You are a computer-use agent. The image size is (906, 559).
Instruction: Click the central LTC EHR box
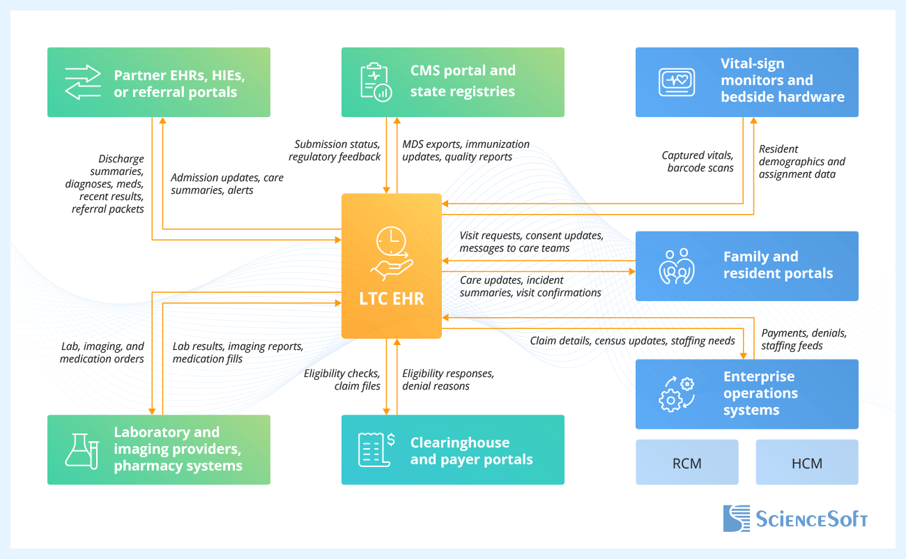pos(391,266)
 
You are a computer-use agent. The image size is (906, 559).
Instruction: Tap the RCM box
pos(686,462)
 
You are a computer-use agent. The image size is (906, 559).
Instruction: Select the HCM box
pos(807,462)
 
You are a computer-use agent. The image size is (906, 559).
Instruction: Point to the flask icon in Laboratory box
pos(82,450)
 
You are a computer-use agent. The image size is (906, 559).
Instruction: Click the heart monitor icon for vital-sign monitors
pos(676,82)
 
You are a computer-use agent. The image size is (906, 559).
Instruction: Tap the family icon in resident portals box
pos(677,266)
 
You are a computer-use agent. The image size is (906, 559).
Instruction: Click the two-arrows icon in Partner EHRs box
pos(82,82)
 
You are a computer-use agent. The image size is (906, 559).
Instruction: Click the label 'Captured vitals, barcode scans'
pos(697,162)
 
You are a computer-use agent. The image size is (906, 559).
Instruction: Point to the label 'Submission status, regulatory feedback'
pos(335,151)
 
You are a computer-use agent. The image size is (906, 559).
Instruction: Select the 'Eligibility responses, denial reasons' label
pos(447,379)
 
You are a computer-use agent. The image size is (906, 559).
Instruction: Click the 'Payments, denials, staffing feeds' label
pos(803,339)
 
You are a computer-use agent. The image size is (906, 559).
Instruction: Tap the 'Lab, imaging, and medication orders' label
pos(102,353)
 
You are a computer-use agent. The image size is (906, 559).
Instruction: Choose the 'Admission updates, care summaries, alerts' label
pos(227,184)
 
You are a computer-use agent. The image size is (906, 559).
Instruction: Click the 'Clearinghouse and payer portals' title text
pos(471,451)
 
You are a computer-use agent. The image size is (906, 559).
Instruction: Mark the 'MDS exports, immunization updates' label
pos(465,151)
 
